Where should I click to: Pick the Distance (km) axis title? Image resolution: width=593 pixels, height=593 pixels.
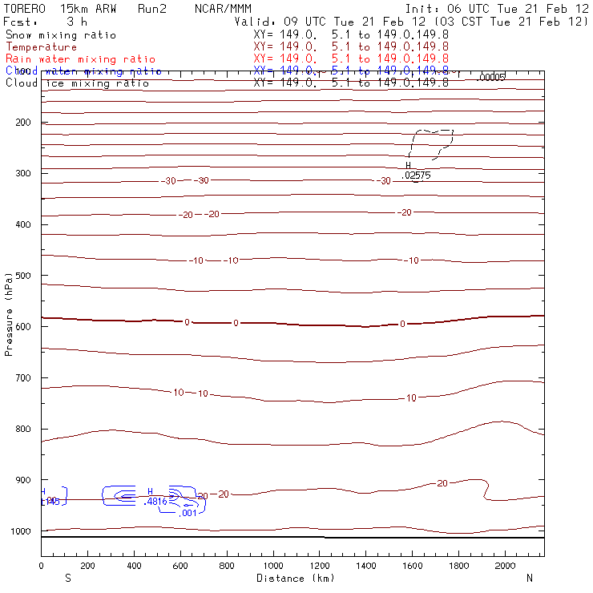[292, 578]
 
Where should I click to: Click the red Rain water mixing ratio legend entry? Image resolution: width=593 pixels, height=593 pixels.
[80, 59]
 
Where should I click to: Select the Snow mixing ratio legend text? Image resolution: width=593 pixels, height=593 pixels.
[60, 35]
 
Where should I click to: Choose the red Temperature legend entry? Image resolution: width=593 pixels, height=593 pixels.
[41, 47]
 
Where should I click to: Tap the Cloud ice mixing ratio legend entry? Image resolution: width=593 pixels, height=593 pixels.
[77, 83]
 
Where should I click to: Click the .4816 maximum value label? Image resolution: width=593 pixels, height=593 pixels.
[154, 502]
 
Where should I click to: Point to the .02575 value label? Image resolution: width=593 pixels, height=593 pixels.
[417, 175]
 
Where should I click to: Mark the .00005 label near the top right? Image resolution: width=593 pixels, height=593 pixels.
[490, 77]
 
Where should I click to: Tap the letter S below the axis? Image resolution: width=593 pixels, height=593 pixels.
[67, 578]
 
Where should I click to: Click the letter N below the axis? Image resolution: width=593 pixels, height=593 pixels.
[530, 578]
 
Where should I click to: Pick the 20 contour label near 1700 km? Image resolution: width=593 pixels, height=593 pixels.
[442, 483]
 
